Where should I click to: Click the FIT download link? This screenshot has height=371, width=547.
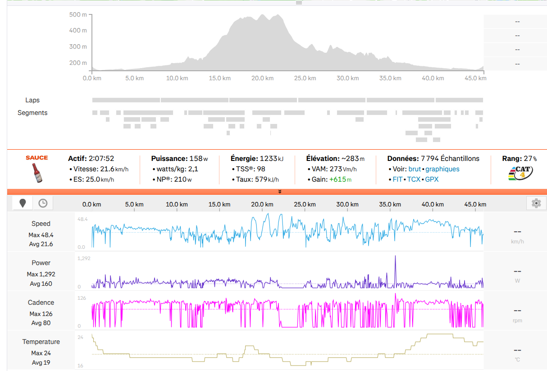(x=397, y=179)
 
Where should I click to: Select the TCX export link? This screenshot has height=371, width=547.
(x=414, y=179)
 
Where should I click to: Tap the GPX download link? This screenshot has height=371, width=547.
(x=432, y=179)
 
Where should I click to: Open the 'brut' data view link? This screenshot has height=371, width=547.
(x=415, y=169)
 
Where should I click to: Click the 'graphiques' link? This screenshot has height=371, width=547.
(x=442, y=169)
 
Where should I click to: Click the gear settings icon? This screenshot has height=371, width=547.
(x=536, y=203)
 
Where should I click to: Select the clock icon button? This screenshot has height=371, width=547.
(x=43, y=203)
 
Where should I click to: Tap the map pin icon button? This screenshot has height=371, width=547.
(x=23, y=203)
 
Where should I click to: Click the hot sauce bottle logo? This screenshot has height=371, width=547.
(x=37, y=173)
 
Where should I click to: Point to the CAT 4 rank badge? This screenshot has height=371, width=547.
(x=520, y=173)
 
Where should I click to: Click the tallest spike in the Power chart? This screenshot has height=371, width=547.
(x=395, y=256)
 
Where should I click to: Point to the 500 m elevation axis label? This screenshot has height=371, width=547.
(x=78, y=15)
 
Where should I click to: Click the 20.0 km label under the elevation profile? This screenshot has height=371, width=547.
(x=262, y=78)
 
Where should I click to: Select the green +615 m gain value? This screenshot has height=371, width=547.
(x=340, y=179)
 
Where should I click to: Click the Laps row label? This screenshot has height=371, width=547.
(x=32, y=100)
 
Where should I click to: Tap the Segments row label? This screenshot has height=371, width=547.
(x=32, y=113)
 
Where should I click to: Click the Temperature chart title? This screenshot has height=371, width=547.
(x=41, y=341)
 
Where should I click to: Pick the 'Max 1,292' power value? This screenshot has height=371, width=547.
(x=41, y=274)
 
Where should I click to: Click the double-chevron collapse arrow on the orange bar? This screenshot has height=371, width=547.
(x=280, y=192)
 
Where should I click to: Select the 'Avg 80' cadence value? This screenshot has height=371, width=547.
(x=41, y=323)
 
